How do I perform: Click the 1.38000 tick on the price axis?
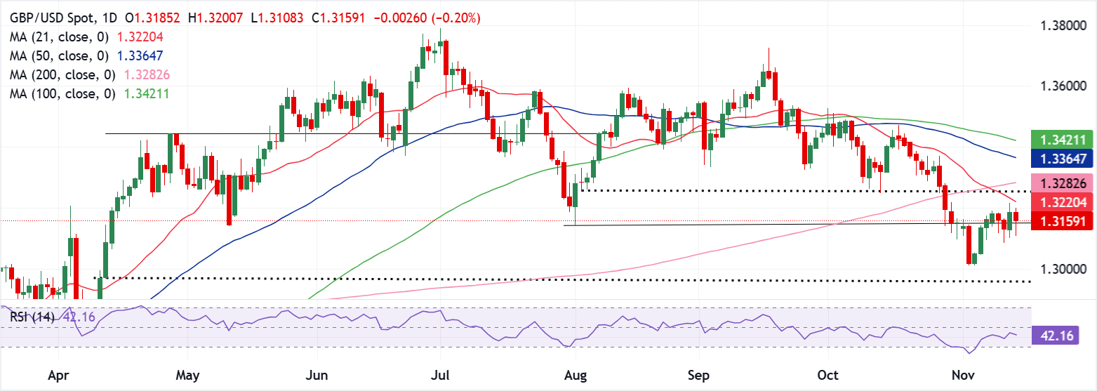pyautogui.click(x=1063, y=27)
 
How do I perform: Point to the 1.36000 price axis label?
pyautogui.click(x=1063, y=86)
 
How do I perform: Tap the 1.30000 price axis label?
pyautogui.click(x=1063, y=269)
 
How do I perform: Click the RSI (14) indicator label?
pyautogui.click(x=34, y=317)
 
